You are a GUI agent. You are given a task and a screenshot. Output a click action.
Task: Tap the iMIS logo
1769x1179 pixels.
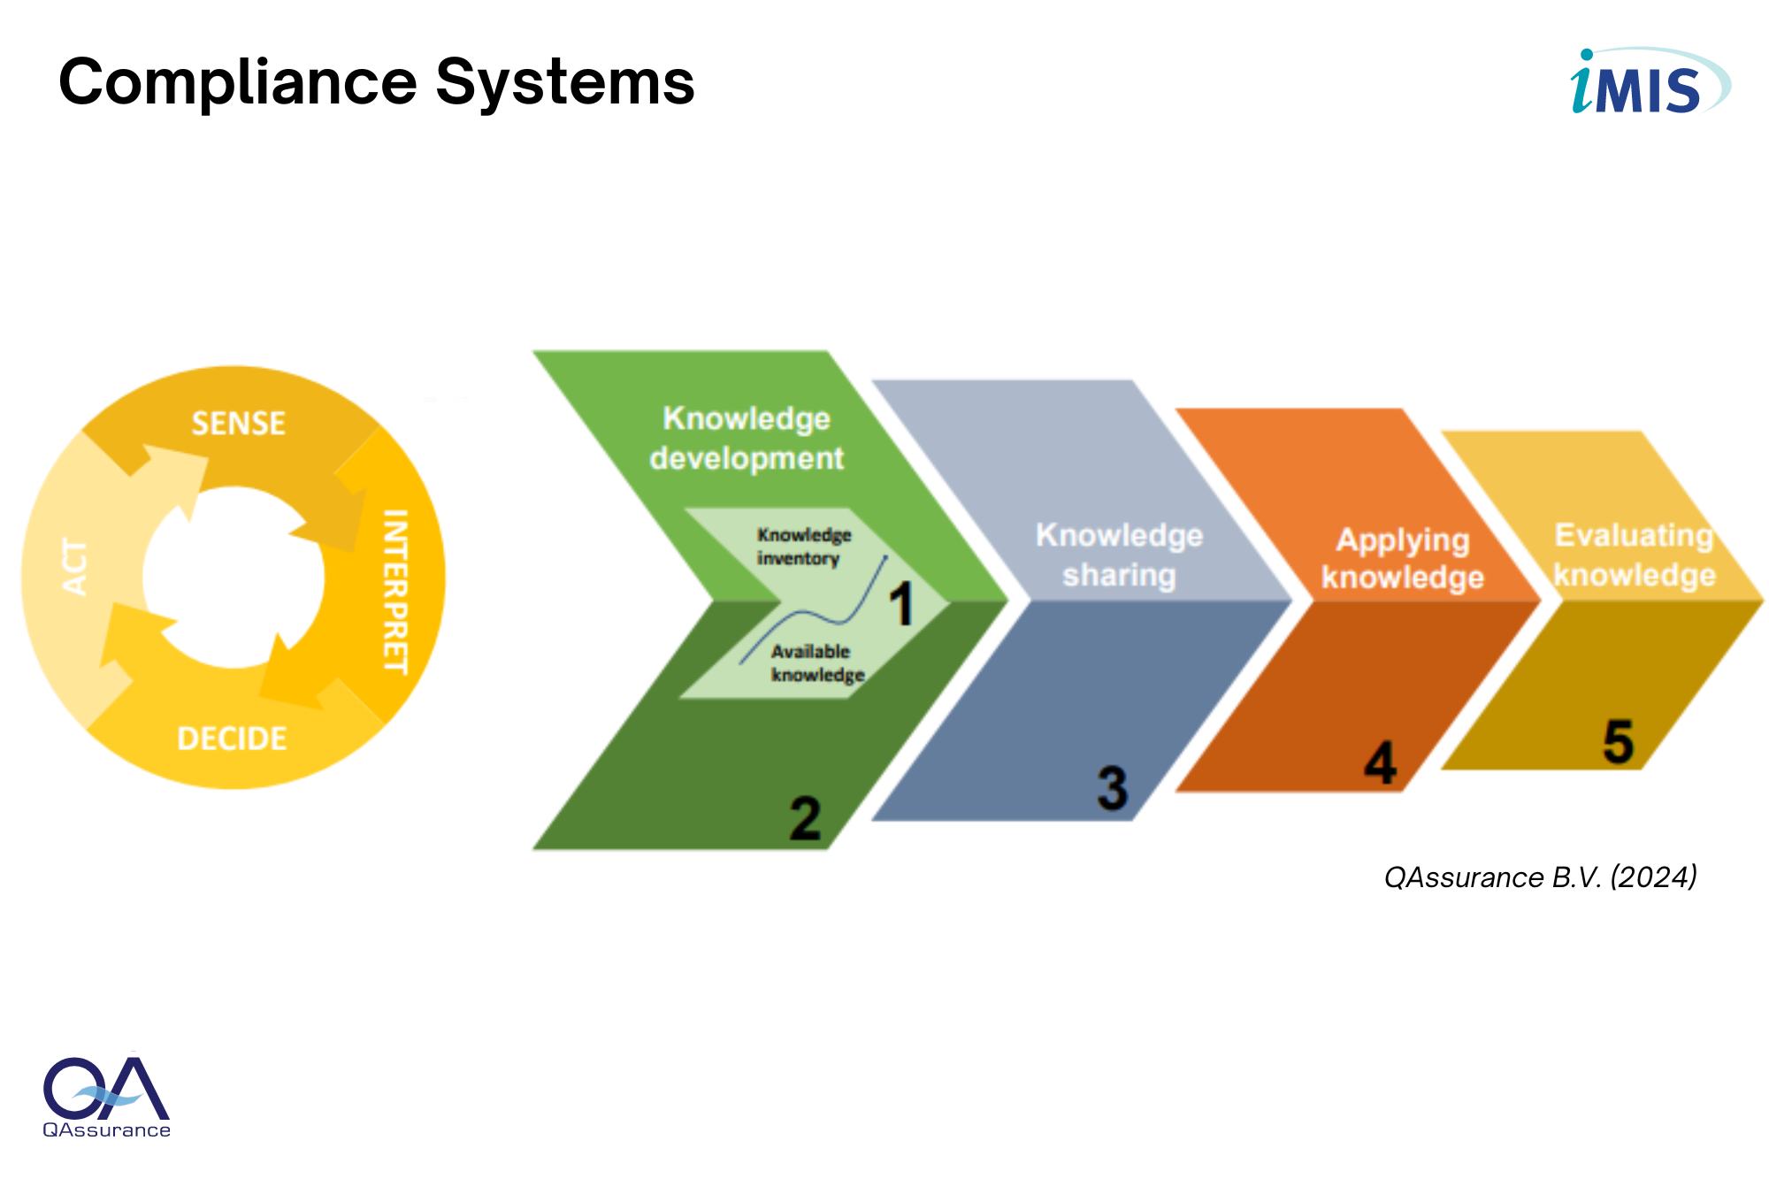pos(1650,81)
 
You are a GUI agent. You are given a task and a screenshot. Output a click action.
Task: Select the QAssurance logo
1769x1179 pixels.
pos(107,1095)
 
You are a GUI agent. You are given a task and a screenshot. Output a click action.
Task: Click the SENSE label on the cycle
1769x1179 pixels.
pos(239,424)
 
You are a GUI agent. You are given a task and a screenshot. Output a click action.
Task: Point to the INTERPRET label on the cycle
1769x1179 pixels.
pos(395,592)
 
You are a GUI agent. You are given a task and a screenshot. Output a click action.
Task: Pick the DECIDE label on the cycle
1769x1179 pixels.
pos(232,739)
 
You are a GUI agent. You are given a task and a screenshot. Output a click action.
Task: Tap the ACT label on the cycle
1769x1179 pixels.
pos(75,567)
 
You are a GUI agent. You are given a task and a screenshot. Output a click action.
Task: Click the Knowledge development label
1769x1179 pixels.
pos(747,438)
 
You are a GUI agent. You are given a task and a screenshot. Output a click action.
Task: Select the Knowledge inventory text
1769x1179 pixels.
pos(803,547)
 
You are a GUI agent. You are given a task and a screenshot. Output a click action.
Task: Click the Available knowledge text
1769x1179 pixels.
pos(817,663)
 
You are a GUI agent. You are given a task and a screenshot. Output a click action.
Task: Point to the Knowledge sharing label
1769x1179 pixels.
pos(1119,555)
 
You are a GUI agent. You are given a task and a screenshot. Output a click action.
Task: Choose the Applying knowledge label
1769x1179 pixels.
pos(1403,558)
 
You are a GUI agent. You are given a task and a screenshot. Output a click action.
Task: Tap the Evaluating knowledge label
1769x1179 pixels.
pos(1635,555)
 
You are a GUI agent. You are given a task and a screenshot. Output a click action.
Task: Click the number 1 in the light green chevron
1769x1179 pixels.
pos(901,605)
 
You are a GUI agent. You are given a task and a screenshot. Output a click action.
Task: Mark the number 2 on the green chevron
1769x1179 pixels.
pos(805,818)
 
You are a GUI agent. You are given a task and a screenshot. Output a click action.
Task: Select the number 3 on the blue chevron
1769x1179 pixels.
pos(1113,788)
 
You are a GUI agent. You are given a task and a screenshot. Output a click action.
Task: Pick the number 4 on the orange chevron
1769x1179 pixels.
pos(1380,762)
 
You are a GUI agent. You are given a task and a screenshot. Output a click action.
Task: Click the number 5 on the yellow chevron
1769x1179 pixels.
pos(1619,741)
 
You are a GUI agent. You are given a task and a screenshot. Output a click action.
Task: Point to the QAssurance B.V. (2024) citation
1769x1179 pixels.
pos(1541,877)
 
